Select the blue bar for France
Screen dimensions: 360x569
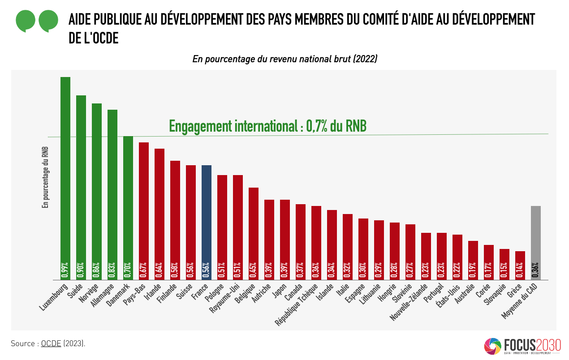pyautogui.click(x=207, y=215)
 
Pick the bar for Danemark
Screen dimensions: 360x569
pyautogui.click(x=128, y=201)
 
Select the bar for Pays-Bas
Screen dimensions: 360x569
pyautogui.click(x=144, y=206)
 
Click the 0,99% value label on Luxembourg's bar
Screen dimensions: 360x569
pyautogui.click(x=65, y=270)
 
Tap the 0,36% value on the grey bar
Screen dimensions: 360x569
pyautogui.click(x=536, y=270)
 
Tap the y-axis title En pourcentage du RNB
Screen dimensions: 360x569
pyautogui.click(x=45, y=178)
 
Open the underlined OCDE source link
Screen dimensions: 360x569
pyautogui.click(x=51, y=344)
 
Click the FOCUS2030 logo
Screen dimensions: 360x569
pyautogui.click(x=522, y=346)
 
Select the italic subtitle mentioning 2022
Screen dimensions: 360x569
pyautogui.click(x=284, y=59)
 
